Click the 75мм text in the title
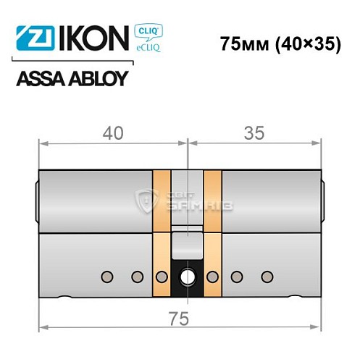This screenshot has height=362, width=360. pyautogui.click(x=243, y=43)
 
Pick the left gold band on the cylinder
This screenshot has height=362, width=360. pyautogui.click(x=162, y=228)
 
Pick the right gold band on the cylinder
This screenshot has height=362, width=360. pyautogui.click(x=212, y=228)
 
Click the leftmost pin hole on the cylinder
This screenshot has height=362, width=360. pyautogui.click(x=107, y=276)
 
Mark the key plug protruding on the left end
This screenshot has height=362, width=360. pyautogui.click(x=35, y=202)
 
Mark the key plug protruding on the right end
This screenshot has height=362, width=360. pyautogui.click(x=322, y=202)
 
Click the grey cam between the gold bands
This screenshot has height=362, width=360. pyautogui.click(x=187, y=243)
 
